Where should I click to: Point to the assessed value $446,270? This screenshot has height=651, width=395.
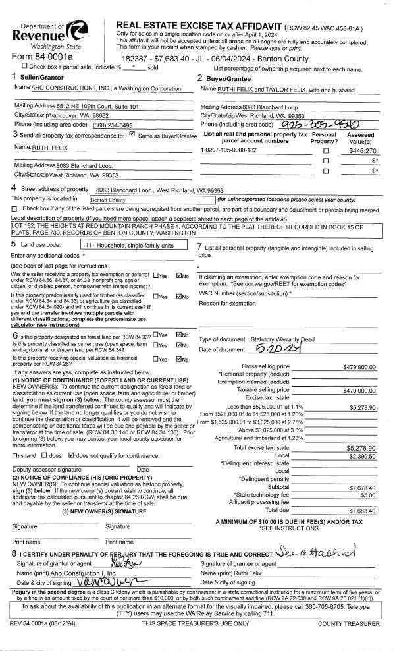point(363,150)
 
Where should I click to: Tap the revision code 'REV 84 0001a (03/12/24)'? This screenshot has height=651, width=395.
point(45,623)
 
